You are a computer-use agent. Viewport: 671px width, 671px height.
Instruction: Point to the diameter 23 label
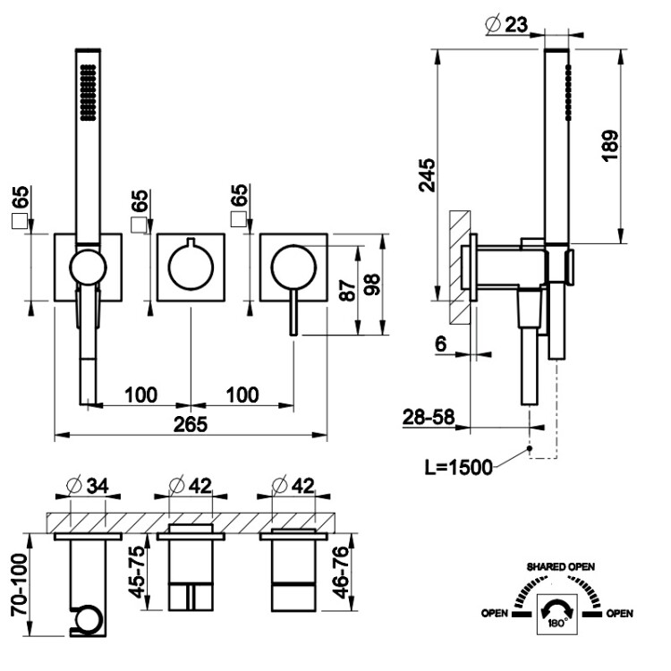point(507,26)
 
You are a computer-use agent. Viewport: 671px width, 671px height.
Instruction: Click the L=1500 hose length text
point(458,469)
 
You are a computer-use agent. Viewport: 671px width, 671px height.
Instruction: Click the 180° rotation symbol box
point(554,616)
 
